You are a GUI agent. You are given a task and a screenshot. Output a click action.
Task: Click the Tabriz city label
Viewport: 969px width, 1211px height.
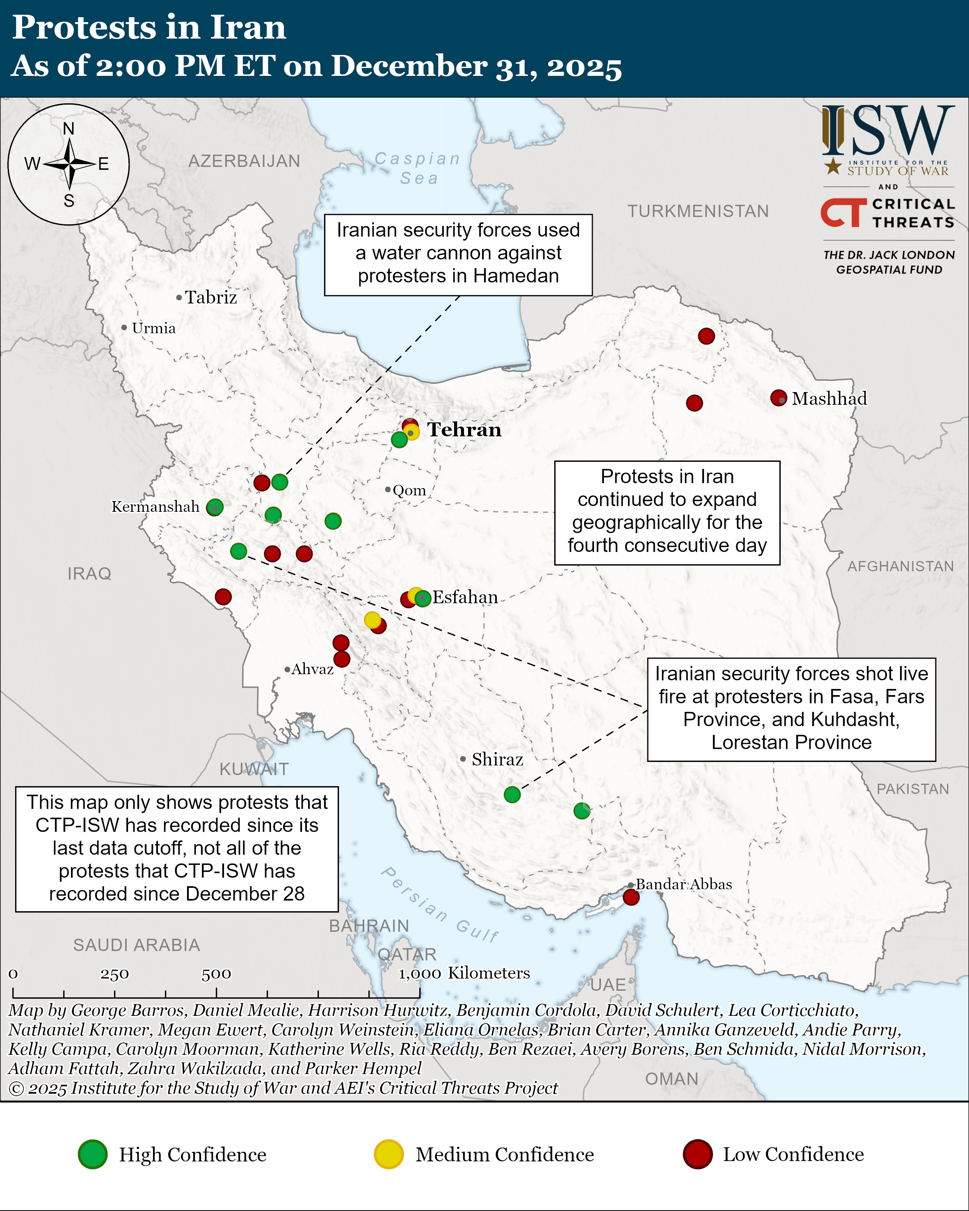click(x=210, y=297)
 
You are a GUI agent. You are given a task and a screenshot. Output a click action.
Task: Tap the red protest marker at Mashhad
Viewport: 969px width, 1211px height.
click(x=778, y=398)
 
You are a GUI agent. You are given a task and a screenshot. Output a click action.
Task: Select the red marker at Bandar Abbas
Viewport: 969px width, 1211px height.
click(x=631, y=897)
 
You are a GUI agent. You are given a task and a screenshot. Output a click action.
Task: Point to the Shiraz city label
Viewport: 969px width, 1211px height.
click(x=497, y=759)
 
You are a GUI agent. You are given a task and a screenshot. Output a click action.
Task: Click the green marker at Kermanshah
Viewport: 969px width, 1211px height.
click(x=215, y=508)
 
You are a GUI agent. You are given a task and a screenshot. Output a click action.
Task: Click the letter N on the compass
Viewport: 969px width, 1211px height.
click(x=69, y=129)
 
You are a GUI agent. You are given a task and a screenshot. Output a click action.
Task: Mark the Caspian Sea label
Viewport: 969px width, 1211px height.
click(x=418, y=168)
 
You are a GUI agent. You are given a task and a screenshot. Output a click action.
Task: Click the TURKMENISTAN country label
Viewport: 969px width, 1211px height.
click(x=698, y=211)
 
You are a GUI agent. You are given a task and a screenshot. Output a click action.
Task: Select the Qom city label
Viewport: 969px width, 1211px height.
click(x=409, y=490)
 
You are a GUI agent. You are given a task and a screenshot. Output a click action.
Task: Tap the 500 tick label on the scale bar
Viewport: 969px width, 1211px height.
click(x=216, y=974)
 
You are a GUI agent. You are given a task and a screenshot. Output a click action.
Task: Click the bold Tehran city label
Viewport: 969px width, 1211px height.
click(x=464, y=430)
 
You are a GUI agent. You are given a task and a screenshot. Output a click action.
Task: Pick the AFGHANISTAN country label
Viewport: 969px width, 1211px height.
click(x=900, y=566)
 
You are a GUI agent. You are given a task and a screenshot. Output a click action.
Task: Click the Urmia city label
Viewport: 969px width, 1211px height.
click(x=153, y=328)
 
